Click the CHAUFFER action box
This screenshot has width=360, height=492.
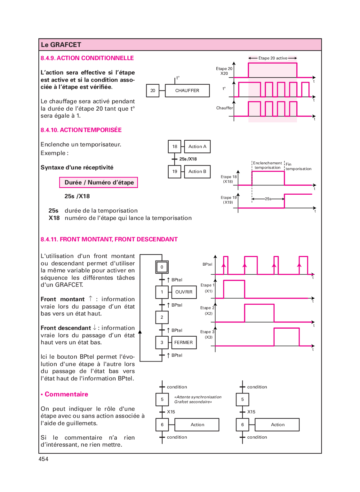pos(187,90)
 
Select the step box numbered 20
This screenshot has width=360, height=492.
pos(153,90)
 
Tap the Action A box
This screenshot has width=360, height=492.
pos(197,146)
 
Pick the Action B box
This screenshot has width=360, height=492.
pos(197,171)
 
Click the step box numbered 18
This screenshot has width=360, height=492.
pos(174,146)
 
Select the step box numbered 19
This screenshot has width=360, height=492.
pos(174,171)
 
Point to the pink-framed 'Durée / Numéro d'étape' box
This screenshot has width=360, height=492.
pos(99,183)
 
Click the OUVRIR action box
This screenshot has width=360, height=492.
pos(184,292)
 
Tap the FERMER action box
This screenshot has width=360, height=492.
pos(184,342)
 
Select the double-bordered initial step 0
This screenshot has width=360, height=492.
pos(162,267)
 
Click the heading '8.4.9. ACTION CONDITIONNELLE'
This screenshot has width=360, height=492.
pos(87,58)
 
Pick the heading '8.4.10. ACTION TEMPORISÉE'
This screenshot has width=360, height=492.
pos(81,130)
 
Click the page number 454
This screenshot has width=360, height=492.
pos(44,459)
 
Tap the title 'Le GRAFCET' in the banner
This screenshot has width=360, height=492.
pos(61,45)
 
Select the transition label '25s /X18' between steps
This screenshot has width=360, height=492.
pos(188,159)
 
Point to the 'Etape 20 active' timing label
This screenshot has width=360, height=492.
pos(273,58)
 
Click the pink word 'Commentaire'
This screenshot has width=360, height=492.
pos(66,394)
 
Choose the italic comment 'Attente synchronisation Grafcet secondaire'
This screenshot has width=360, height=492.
pos(197,399)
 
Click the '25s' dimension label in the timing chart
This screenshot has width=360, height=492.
pos(268,199)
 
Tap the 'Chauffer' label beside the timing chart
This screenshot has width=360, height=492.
pos(224,108)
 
